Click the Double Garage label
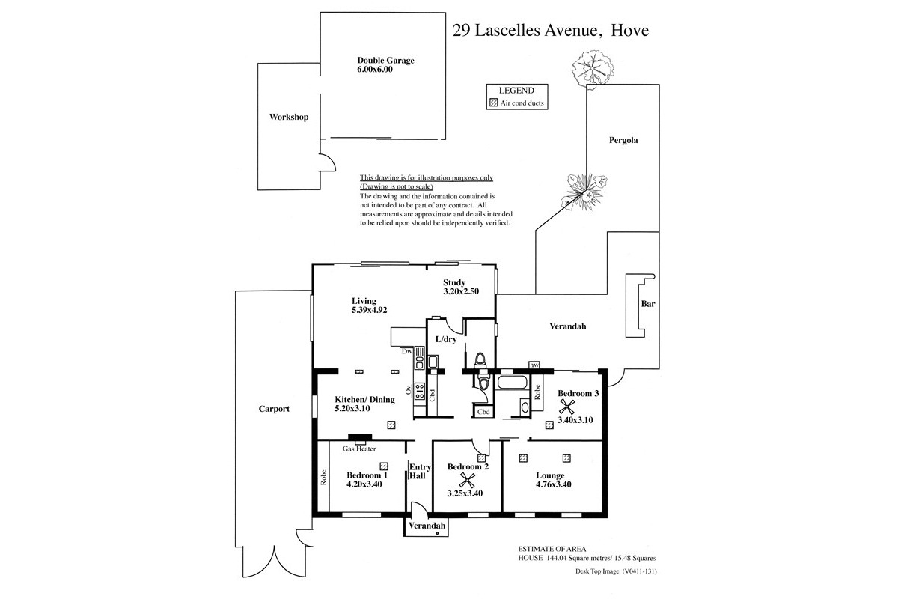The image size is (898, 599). pos(385,60)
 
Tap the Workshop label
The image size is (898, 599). pos(289,117)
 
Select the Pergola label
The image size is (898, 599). pos(623,140)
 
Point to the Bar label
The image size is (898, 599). pos(648,304)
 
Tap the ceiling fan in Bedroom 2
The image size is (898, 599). pos(467,480)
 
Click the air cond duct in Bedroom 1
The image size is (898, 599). pos(384,466)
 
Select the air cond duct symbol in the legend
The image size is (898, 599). pos(493,103)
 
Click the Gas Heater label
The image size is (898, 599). pos(359,449)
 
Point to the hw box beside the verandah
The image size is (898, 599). pos(534,365)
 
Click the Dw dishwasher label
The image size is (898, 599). pos(406,351)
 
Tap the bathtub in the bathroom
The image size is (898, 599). pos(512,382)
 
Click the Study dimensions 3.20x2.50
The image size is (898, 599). pos(461,291)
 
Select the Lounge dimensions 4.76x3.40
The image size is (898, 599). pos(553,484)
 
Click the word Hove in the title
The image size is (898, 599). pos(629,31)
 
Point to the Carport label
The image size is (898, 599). pos(274,409)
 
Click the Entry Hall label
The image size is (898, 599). pos(420,472)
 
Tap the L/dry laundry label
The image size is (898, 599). pos(446,339)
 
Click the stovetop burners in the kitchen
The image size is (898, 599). pos(419,390)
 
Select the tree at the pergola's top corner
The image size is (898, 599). pos(593,68)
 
